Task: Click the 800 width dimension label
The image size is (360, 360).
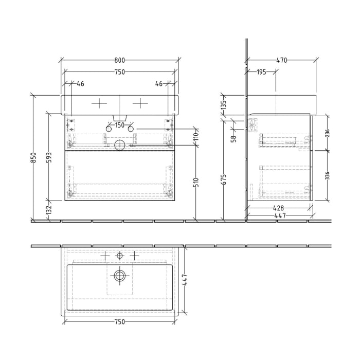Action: (x=119, y=60)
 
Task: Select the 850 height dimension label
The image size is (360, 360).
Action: (x=34, y=157)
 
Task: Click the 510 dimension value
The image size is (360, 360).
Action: (x=196, y=182)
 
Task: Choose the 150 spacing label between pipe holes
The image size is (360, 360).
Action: (x=119, y=125)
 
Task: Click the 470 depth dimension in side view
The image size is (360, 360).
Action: (x=281, y=60)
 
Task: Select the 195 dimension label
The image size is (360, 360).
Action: (x=261, y=72)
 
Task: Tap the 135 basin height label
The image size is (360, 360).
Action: (x=223, y=106)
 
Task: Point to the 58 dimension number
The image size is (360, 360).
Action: (x=233, y=138)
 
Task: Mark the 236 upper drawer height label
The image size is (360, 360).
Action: (x=327, y=133)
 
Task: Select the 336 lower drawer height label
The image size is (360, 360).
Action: (x=327, y=176)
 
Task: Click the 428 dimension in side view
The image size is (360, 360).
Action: (x=279, y=208)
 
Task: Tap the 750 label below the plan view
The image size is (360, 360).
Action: (x=119, y=322)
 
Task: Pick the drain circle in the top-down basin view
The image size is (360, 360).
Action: (x=120, y=276)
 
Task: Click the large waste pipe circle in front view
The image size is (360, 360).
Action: (x=119, y=146)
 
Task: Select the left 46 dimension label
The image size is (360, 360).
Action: (x=80, y=83)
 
